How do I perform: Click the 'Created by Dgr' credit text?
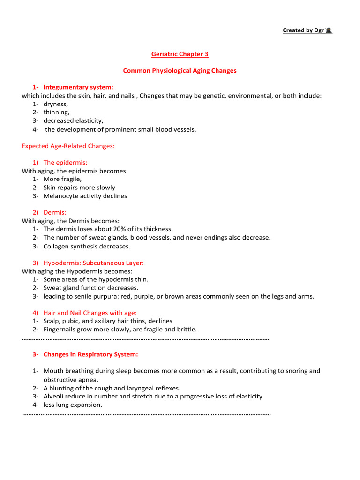pyautogui.click(x=303, y=30)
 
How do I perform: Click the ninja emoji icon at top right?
pyautogui.click(x=329, y=30)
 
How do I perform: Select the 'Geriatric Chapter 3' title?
pyautogui.click(x=180, y=54)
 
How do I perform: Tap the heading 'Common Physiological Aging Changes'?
pyautogui.click(x=180, y=71)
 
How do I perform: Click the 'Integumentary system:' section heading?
pyautogui.click(x=78, y=87)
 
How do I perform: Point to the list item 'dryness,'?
pyautogui.click(x=56, y=104)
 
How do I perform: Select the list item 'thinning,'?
pyautogui.click(x=56, y=112)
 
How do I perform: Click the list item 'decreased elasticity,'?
pyautogui.click(x=73, y=121)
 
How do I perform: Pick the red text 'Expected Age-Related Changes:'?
pyautogui.click(x=68, y=146)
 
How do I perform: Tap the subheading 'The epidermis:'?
pyautogui.click(x=65, y=163)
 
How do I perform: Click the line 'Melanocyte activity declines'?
pyautogui.click(x=85, y=196)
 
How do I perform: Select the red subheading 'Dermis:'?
pyautogui.click(x=55, y=213)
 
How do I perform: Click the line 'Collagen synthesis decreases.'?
pyautogui.click(x=87, y=246)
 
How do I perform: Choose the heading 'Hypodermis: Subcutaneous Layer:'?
pyautogui.click(x=93, y=263)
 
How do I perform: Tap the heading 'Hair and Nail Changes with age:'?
pyautogui.click(x=90, y=313)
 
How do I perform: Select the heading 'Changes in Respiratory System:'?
pyautogui.click(x=90, y=354)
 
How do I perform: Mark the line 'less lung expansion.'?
pyautogui.click(x=73, y=405)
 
